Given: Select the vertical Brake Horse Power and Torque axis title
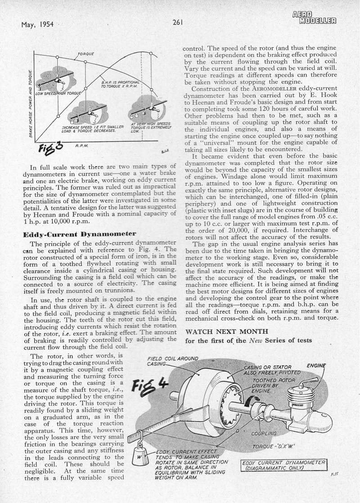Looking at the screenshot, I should [x=31, y=103].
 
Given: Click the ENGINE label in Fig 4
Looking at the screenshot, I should [x=316, y=366].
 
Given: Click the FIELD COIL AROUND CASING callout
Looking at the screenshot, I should [x=167, y=361].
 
